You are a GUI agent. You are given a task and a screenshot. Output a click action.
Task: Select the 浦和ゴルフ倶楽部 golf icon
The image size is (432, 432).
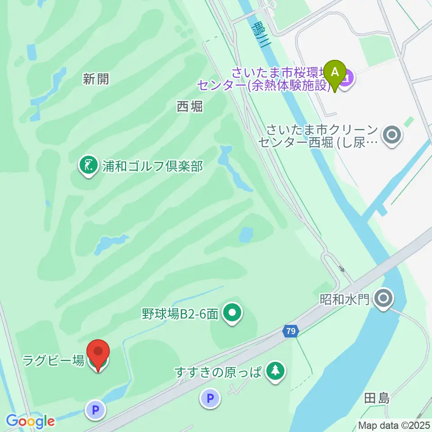(x=89, y=165)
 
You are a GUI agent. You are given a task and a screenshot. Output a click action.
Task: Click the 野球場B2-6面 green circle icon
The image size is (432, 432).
(x=232, y=313)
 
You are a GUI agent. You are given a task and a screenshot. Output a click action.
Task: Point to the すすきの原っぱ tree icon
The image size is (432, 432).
(x=274, y=371)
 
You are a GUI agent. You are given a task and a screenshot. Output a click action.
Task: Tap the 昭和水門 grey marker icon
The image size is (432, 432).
(x=383, y=298)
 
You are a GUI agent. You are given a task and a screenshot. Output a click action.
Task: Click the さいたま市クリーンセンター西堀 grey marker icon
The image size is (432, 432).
(x=391, y=135)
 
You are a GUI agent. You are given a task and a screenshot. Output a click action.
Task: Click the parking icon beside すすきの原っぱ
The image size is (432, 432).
(x=210, y=398)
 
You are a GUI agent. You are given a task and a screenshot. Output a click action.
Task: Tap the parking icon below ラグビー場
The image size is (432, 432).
(x=95, y=409)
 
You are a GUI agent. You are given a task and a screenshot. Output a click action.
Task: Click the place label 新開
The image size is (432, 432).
(x=96, y=80)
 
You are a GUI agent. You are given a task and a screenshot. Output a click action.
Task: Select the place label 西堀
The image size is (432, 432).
(x=189, y=106)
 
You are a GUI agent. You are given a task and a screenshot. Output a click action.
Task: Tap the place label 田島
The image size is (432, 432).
(x=377, y=398)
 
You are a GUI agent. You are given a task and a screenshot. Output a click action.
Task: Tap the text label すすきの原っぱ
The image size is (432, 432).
(x=219, y=373)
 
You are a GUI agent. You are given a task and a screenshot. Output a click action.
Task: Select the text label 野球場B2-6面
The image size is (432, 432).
(x=180, y=314)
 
